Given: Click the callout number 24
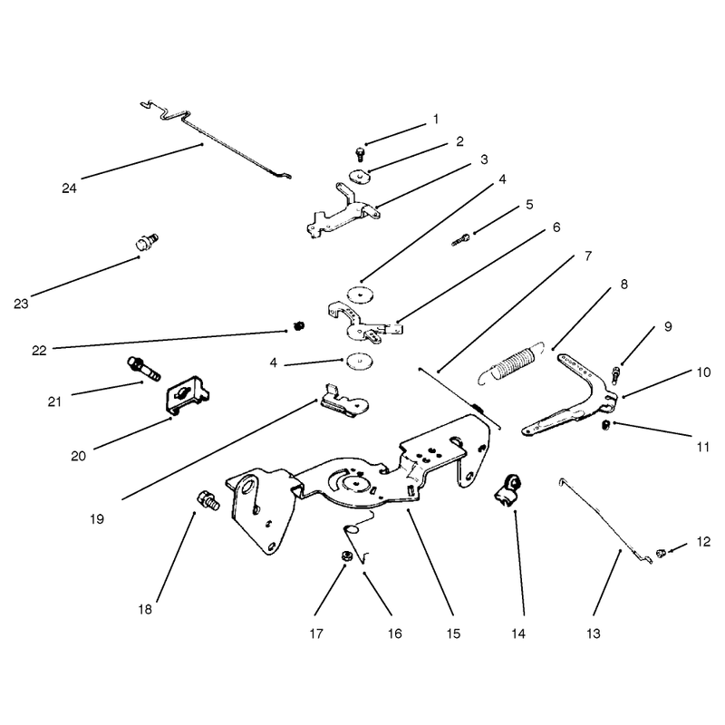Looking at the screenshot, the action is pyautogui.click(x=69, y=188).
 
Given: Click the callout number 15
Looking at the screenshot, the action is pyautogui.click(x=454, y=633).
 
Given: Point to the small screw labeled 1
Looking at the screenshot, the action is pyautogui.click(x=360, y=154).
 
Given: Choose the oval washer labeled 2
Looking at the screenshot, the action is pyautogui.click(x=360, y=177).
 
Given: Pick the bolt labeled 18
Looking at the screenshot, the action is pyautogui.click(x=208, y=501).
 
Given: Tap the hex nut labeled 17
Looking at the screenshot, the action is pyautogui.click(x=344, y=556).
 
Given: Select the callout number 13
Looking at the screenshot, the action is pyautogui.click(x=594, y=633).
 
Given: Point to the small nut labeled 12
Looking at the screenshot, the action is pyautogui.click(x=661, y=553).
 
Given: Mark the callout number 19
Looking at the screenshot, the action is pyautogui.click(x=97, y=519).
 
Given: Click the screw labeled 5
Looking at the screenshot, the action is pyautogui.click(x=461, y=240).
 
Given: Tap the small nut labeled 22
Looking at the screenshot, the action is pyautogui.click(x=300, y=326).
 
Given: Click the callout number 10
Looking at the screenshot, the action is pyautogui.click(x=703, y=372).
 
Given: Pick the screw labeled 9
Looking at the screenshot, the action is pyautogui.click(x=615, y=375).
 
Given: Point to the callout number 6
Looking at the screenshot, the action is pyautogui.click(x=556, y=227).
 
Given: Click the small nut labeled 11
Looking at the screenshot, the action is pyautogui.click(x=606, y=424).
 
